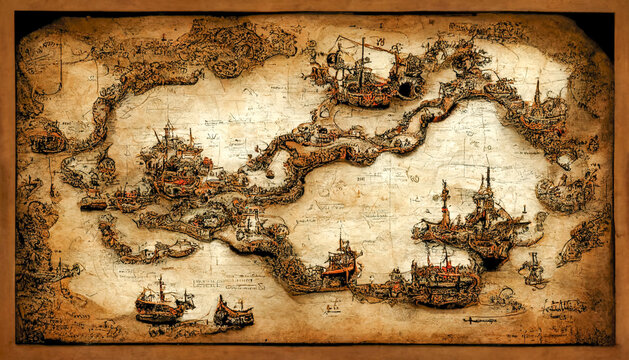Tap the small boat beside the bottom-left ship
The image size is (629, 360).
click(x=234, y=314)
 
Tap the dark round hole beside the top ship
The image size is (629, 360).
click(x=406, y=89)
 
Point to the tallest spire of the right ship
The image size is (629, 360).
click(x=488, y=180)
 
